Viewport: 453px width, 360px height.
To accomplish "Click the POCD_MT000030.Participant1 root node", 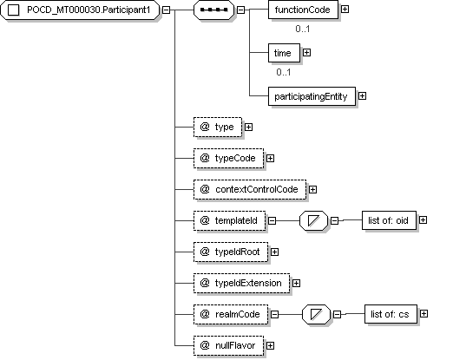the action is tap(80, 10).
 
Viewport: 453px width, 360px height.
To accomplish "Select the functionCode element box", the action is tap(303, 10).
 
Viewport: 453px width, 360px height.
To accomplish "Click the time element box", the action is tap(284, 53).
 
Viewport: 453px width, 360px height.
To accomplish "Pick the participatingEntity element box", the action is tap(312, 96).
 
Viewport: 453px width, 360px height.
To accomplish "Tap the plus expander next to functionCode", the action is tap(345, 10).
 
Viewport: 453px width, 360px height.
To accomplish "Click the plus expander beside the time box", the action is tap(306, 53).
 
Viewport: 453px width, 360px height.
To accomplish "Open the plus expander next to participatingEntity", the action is tap(362, 96).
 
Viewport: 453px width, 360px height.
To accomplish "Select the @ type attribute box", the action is tap(218, 127).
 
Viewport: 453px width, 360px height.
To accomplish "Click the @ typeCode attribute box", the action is tap(228, 158).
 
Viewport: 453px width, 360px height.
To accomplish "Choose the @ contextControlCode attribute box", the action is tap(250, 189).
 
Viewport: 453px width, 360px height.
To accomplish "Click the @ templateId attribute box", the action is tap(229, 220).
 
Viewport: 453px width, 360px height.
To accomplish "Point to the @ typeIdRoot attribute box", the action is tap(231, 252).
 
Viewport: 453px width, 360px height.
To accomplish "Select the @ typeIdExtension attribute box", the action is tap(241, 283).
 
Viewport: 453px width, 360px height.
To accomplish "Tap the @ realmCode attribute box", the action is tap(231, 314).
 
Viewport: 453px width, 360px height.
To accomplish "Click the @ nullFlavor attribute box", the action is tap(228, 345).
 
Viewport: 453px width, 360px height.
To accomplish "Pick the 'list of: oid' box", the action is tap(389, 220).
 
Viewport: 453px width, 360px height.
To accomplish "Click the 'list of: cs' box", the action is tap(391, 314).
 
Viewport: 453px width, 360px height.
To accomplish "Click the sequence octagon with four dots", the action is tap(213, 10).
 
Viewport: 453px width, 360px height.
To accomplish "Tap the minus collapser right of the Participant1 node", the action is tap(166, 10).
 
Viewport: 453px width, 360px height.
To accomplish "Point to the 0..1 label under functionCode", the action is tap(303, 29).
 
